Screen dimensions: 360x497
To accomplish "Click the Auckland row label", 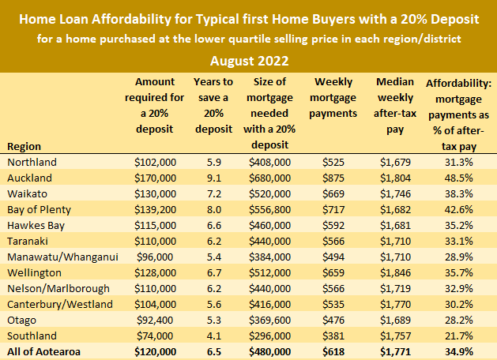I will (29, 178).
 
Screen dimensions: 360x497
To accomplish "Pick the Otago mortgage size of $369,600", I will (272, 321).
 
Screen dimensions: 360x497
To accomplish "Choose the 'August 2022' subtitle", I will (248, 60).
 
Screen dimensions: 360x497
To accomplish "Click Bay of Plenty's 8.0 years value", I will (213, 209).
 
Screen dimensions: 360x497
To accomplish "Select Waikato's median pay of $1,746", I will (396, 193).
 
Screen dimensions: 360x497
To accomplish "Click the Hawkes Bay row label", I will (35, 225).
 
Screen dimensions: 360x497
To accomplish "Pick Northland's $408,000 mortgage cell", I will (272, 162).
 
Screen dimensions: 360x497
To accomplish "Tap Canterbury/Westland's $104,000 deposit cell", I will (156, 305).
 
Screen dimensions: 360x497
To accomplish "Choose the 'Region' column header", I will (23, 146).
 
